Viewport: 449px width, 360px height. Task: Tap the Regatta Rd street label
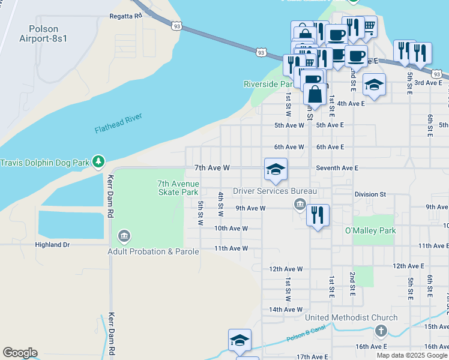[125, 16]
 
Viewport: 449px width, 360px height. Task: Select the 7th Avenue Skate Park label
[178, 188]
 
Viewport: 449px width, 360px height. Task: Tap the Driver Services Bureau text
[274, 191]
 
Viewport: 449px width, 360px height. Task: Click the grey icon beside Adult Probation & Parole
[124, 236]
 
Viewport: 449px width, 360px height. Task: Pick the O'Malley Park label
[370, 230]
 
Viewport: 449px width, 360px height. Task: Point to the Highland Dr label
[52, 245]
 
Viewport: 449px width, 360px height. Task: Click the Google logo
[20, 353]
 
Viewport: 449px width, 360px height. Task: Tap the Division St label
[370, 194]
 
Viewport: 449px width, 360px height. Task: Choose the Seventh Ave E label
[337, 169]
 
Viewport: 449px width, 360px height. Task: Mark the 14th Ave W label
[285, 310]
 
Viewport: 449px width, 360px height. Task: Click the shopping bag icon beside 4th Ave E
[315, 94]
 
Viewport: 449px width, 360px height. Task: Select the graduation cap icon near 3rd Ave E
[373, 85]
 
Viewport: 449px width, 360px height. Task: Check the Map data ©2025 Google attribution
[412, 355]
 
